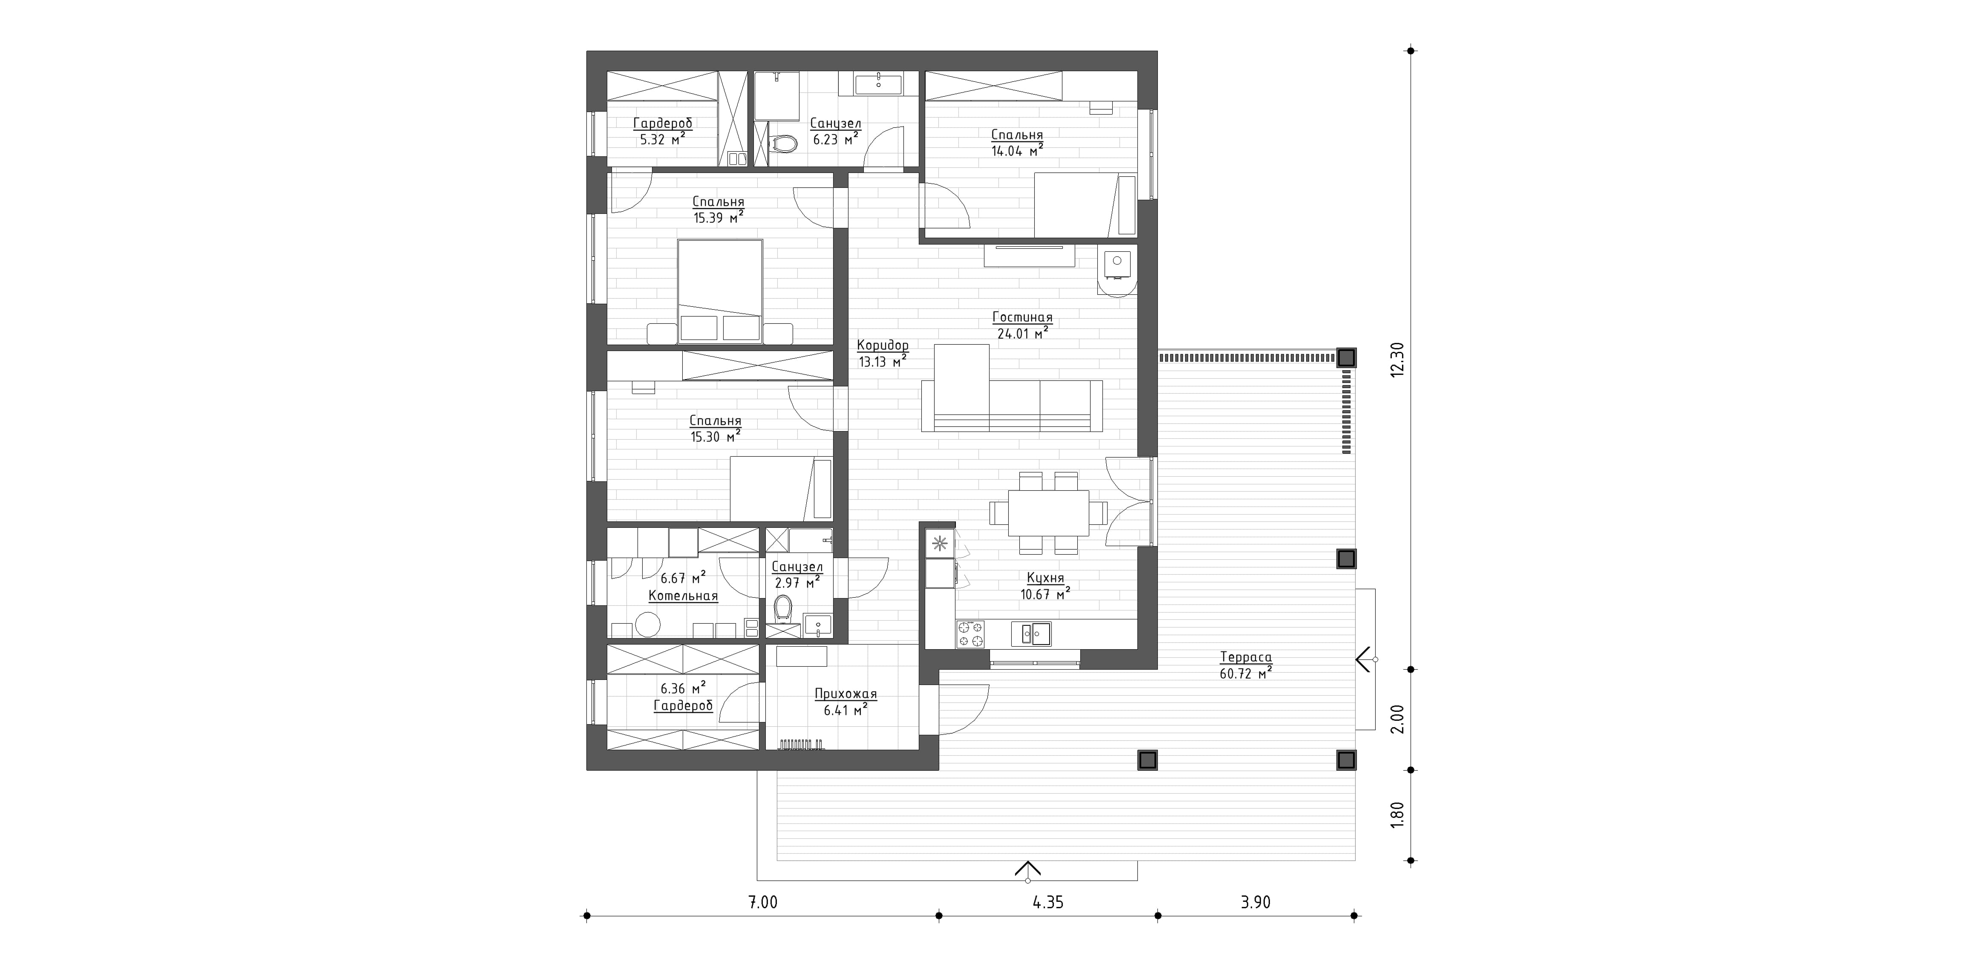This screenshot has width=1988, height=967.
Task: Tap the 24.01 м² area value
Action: (1023, 333)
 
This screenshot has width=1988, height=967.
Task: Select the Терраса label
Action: (1246, 658)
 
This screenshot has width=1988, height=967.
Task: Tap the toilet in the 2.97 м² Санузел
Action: (783, 608)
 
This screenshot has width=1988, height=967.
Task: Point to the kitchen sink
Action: (1031, 633)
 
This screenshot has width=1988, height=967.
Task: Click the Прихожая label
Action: (846, 694)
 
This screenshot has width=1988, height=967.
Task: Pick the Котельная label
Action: (683, 596)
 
